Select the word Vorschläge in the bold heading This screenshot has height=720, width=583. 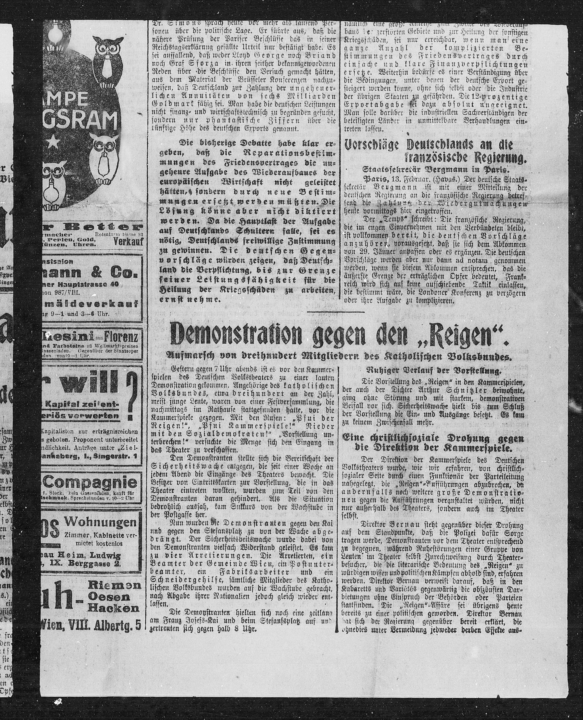[373, 145]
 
